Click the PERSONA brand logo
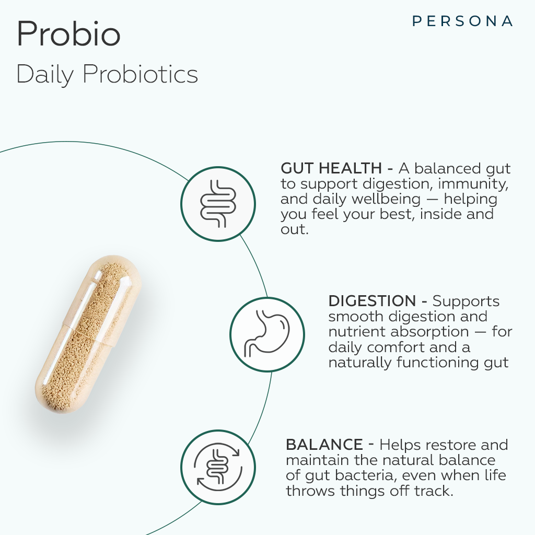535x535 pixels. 462,21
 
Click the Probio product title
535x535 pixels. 68,33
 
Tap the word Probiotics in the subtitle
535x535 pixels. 140,74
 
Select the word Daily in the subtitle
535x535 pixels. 45,75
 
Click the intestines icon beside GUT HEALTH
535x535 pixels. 218,204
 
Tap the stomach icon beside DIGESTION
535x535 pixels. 267,334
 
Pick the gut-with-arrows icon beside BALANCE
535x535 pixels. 218,467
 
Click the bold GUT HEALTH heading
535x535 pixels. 331,168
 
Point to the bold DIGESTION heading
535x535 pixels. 372,301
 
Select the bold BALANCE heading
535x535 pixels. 324,445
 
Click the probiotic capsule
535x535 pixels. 88,334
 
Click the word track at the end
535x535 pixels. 434,491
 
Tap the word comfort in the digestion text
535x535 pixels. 396,347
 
